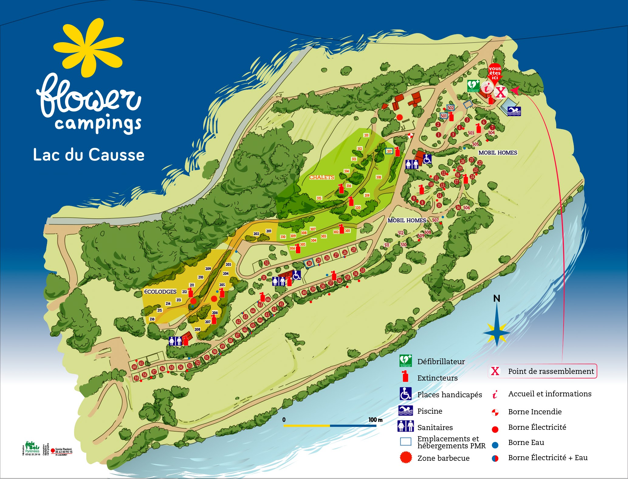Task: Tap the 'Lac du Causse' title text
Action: tap(88, 155)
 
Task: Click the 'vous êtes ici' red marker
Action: tap(495, 74)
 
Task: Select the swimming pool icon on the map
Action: tap(514, 111)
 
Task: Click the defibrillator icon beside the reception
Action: tap(473, 86)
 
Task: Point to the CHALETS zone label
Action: tap(321, 177)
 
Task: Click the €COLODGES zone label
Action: tap(160, 292)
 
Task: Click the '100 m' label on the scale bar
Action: tap(375, 420)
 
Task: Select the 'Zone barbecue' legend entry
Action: tap(443, 458)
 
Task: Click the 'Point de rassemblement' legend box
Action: tap(542, 371)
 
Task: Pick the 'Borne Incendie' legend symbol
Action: tap(495, 412)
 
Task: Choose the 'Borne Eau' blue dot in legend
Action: tap(495, 445)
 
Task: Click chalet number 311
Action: tap(366, 135)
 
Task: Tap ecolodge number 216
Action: tap(152, 319)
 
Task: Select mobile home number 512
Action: tap(401, 233)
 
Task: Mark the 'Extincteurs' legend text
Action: tap(437, 378)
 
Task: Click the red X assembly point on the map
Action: tap(501, 92)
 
